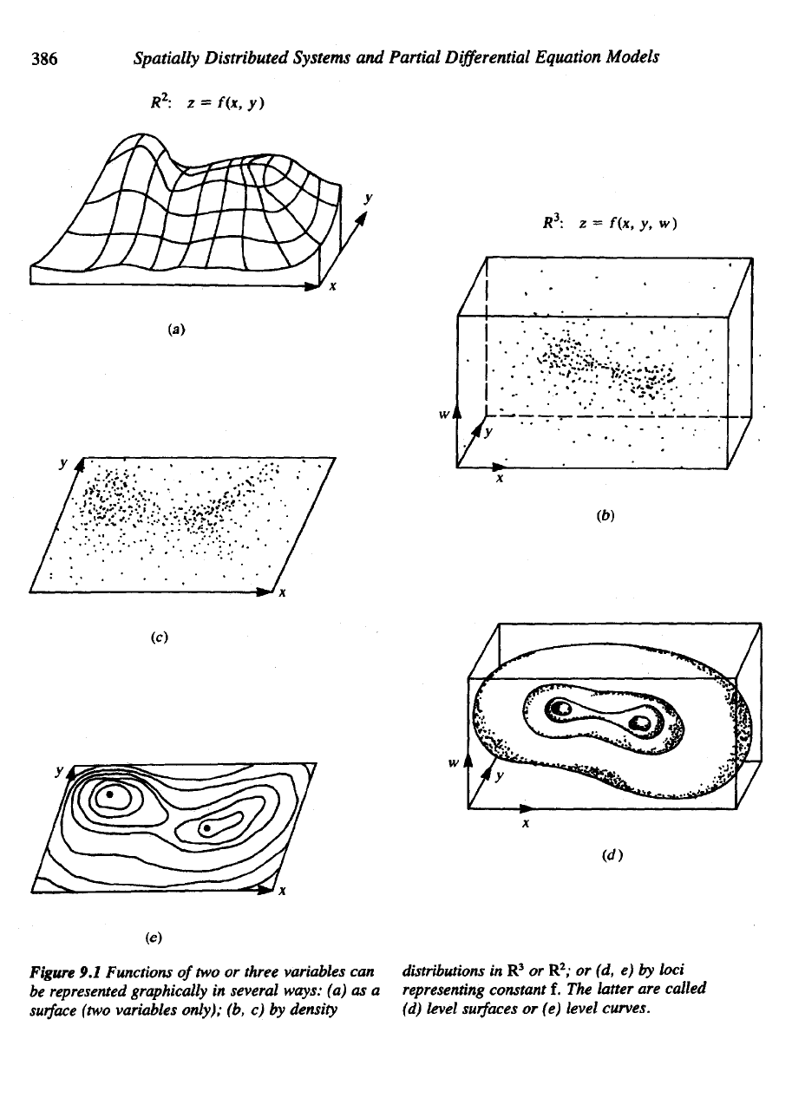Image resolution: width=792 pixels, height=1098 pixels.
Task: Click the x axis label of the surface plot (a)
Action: pos(333,288)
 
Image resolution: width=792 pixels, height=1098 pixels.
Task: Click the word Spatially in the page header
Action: pos(169,58)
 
